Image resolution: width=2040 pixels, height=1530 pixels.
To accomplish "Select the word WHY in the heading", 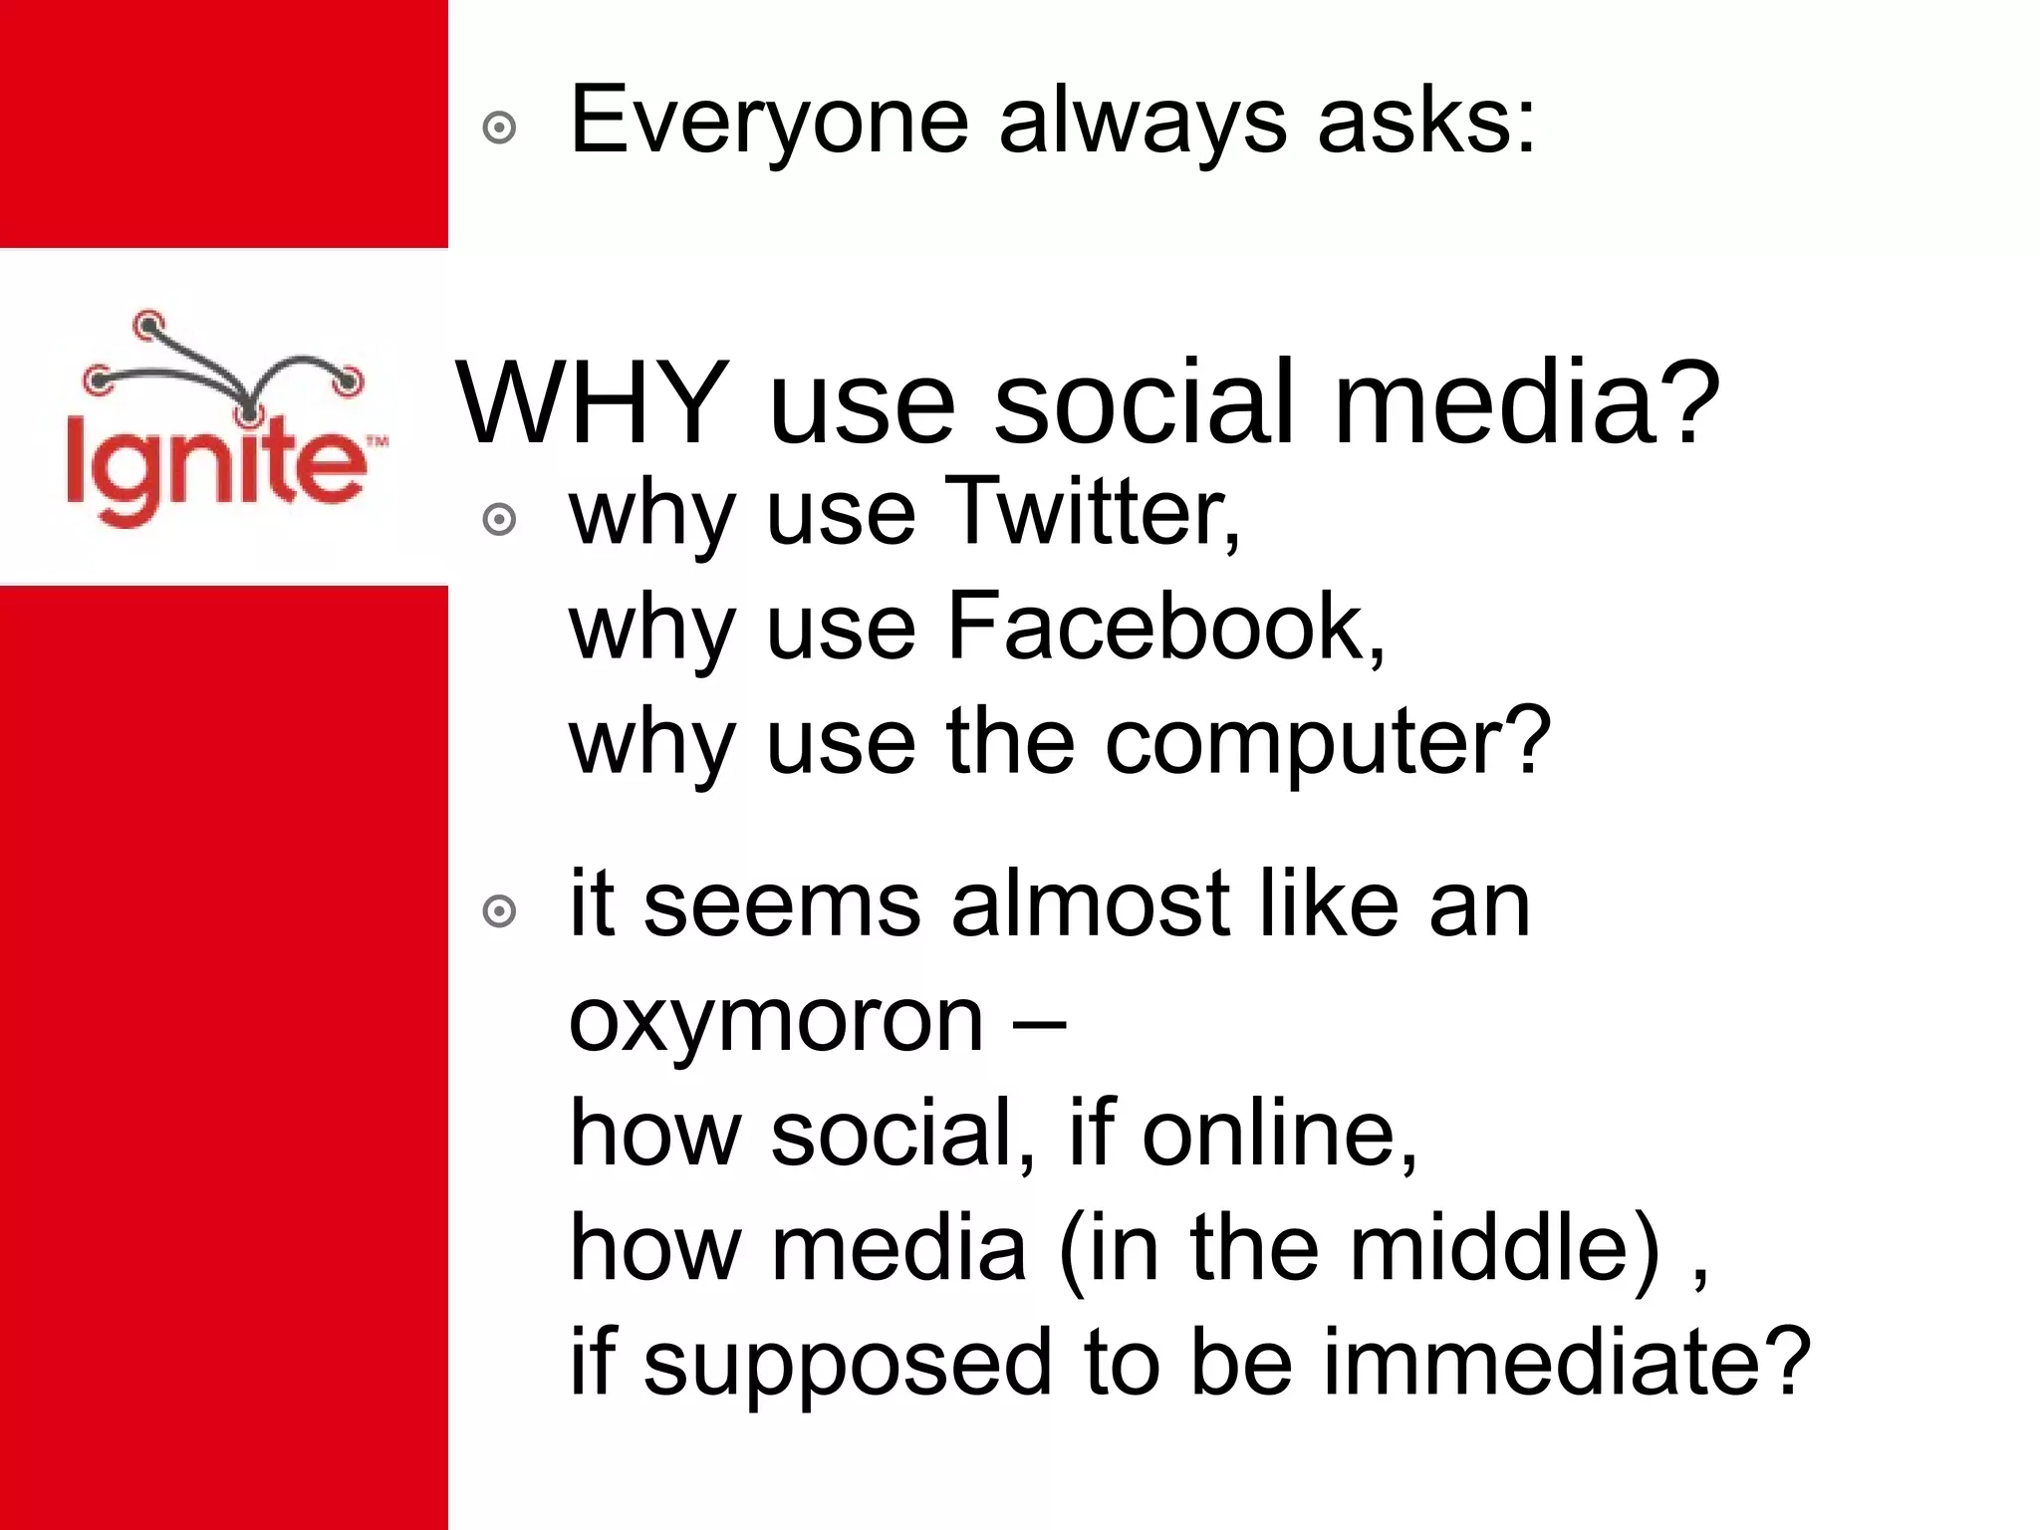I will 592,402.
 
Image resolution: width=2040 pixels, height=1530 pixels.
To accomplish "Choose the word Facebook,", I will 1165,628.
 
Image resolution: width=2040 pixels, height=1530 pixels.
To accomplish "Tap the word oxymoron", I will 776,1022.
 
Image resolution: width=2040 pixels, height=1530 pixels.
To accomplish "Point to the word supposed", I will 848,1365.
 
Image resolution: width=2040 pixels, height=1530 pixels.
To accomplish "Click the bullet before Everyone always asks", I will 499,128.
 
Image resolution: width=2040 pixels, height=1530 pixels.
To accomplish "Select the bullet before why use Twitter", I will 499,520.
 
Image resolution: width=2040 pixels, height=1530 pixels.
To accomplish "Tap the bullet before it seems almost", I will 499,911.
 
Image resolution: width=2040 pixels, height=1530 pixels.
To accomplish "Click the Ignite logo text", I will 215,468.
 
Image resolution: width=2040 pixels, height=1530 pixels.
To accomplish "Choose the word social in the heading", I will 1145,402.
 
